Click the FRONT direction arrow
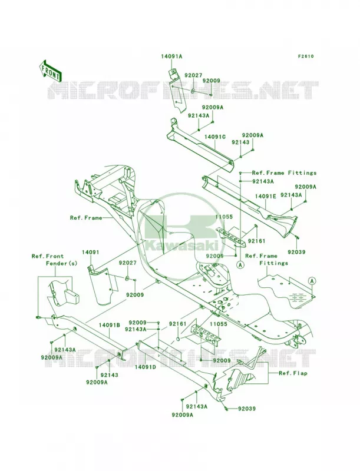click(50, 71)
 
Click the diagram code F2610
click(306, 56)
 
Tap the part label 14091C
click(215, 137)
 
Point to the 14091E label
click(266, 196)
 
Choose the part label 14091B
click(110, 325)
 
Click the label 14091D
click(146, 367)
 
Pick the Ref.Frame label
click(86, 218)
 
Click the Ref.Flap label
click(293, 373)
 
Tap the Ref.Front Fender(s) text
click(54, 260)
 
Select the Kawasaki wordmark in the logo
click(181, 246)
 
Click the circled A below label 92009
click(240, 265)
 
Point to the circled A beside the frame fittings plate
click(312, 281)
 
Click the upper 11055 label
click(224, 217)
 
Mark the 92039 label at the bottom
click(247, 409)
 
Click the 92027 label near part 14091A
click(194, 75)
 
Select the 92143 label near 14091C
click(240, 142)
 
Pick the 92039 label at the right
click(296, 252)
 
